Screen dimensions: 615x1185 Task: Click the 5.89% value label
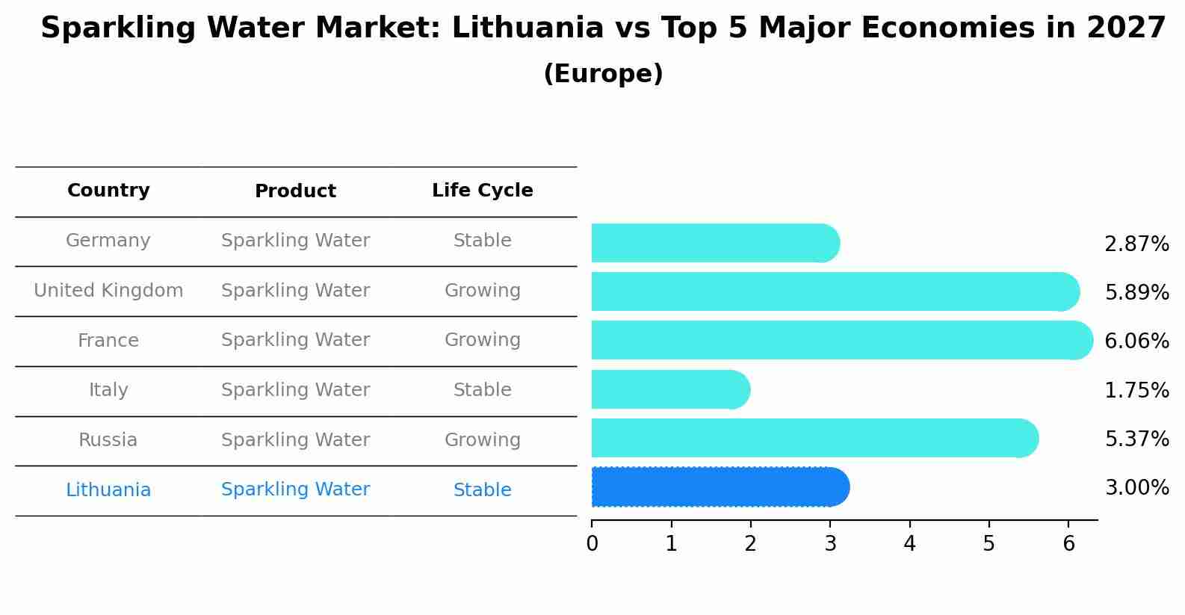click(1136, 292)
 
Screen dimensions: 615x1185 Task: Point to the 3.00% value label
click(1136, 488)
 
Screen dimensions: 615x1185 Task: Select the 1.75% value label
click(1136, 390)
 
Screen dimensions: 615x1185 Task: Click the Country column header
click(108, 191)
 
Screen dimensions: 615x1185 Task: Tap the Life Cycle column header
click(482, 191)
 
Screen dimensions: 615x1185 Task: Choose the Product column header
click(295, 191)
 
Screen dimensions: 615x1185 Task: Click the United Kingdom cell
click(108, 291)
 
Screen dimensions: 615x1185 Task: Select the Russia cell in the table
click(108, 440)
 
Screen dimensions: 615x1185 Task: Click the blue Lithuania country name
click(108, 490)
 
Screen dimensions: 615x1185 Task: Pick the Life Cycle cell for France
click(482, 340)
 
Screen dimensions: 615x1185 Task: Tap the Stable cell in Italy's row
click(482, 390)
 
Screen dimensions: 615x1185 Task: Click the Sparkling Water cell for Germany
click(295, 241)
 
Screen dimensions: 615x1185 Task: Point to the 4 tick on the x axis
click(909, 543)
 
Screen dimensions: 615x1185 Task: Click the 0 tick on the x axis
click(592, 543)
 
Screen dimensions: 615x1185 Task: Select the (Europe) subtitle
click(603, 74)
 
